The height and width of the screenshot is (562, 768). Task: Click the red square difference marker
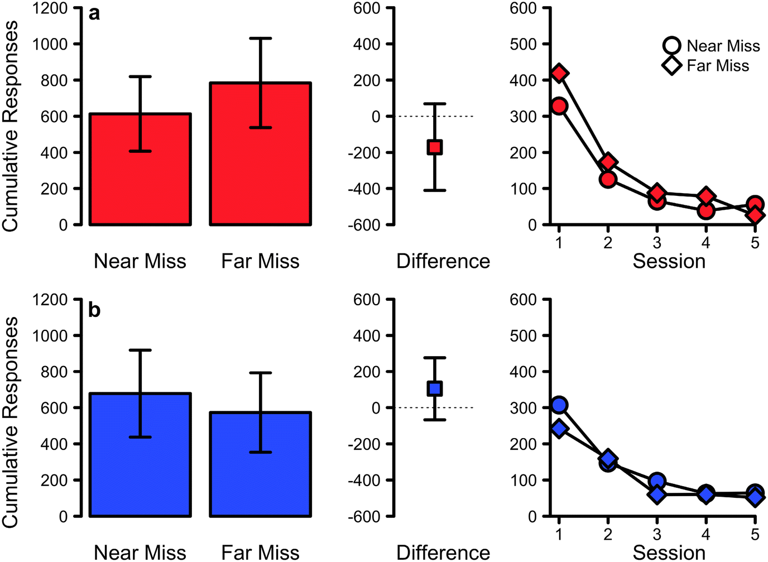[x=435, y=147]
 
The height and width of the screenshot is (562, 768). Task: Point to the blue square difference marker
[x=435, y=388]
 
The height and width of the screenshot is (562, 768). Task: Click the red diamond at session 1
[x=559, y=74]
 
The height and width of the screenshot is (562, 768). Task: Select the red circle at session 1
[x=559, y=106]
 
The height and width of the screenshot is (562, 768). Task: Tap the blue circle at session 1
[x=559, y=405]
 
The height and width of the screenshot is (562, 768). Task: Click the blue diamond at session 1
[x=559, y=429]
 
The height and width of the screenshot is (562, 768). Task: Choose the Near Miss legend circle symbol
[x=672, y=46]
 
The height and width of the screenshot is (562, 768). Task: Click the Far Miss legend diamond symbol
[x=672, y=65]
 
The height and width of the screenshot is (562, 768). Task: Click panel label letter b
[x=94, y=309]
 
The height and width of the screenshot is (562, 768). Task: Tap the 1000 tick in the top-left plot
[x=50, y=44]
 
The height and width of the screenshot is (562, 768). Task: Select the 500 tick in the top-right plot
[x=522, y=44]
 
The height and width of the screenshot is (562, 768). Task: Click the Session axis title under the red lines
[x=669, y=261]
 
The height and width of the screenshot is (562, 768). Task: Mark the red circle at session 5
[x=755, y=205]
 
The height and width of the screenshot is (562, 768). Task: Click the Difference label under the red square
[x=443, y=261]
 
